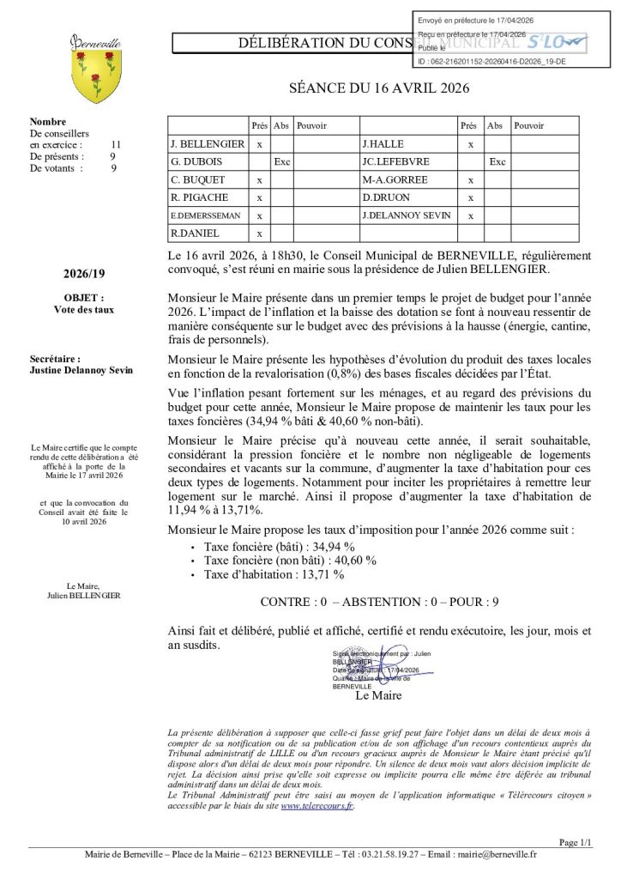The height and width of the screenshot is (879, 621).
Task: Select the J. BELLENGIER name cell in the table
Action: coord(208,144)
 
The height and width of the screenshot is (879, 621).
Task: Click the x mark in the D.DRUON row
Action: coord(470,197)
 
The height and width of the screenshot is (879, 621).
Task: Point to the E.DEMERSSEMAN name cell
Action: coord(208,215)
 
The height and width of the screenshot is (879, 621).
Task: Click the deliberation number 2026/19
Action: coord(78,275)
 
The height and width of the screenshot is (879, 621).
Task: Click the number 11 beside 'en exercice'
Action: coord(116,145)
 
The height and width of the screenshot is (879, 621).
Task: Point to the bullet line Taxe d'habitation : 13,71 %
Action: coord(273,574)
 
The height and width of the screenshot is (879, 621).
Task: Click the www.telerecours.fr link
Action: coord(317,806)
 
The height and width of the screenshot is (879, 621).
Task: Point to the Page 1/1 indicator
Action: coord(575,842)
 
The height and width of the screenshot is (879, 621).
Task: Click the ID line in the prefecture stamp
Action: coord(491,62)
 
